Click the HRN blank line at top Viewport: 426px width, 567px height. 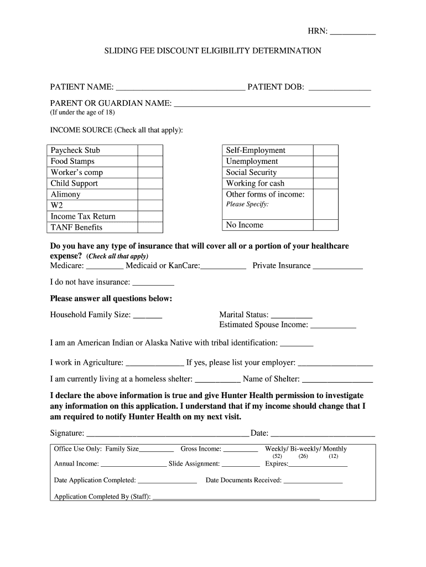352,33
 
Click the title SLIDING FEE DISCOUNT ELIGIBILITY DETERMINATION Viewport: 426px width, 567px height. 213,50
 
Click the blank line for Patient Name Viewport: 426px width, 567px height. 180,87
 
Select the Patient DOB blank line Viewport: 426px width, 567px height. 339,87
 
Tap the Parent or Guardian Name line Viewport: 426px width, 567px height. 272,103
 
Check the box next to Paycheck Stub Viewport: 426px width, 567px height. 150,150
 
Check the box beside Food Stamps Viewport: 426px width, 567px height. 150,161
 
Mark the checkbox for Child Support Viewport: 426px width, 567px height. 150,183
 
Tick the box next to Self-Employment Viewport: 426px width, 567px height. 325,150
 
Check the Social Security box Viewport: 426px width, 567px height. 325,172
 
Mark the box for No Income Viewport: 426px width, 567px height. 325,225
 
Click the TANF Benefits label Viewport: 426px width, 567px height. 76,228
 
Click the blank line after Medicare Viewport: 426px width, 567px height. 105,266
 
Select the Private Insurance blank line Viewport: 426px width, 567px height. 337,266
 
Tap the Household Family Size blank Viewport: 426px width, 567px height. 148,316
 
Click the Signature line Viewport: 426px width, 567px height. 168,434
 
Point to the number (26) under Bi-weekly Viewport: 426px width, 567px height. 303,457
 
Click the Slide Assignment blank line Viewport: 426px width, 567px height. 241,465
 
